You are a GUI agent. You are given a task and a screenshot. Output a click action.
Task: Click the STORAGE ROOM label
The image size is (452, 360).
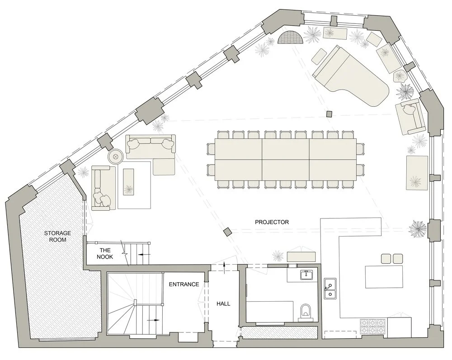[55, 236]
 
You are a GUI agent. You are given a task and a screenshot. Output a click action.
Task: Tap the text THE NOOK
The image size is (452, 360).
[105, 253]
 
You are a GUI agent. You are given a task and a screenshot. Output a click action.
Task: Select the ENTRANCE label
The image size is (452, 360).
[184, 284]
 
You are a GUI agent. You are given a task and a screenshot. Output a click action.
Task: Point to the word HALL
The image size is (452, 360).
[223, 304]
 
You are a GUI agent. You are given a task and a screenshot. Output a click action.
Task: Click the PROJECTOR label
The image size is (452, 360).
[272, 222]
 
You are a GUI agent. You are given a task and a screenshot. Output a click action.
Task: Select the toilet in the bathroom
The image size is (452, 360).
[305, 310]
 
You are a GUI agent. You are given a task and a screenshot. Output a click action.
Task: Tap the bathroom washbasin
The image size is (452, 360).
[308, 275]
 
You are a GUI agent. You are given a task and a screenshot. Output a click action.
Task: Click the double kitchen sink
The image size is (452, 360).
[330, 289]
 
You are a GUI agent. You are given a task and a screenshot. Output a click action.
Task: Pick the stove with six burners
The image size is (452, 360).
[373, 326]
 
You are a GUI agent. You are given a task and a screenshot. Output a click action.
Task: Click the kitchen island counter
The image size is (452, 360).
[384, 277]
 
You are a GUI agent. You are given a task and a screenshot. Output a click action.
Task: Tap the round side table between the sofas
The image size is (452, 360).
[115, 157]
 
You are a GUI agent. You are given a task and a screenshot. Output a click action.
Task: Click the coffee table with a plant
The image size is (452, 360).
[129, 182]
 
